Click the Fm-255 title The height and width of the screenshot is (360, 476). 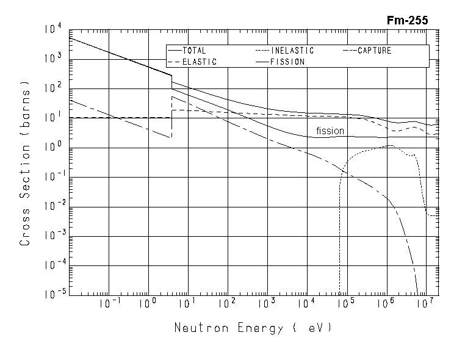408,20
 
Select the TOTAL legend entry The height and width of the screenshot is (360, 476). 194,51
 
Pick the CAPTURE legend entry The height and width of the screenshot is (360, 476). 374,51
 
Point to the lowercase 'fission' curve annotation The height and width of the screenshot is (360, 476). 330,131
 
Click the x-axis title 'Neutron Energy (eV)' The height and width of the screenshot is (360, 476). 253,328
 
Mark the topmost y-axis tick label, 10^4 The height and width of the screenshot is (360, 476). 53,29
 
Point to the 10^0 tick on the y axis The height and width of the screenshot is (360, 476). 53,147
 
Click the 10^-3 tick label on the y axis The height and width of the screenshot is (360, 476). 52,236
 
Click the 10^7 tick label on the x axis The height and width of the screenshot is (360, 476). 425,303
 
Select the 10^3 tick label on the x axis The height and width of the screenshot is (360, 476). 267,303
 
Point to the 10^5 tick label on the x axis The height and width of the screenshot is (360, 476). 346,303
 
